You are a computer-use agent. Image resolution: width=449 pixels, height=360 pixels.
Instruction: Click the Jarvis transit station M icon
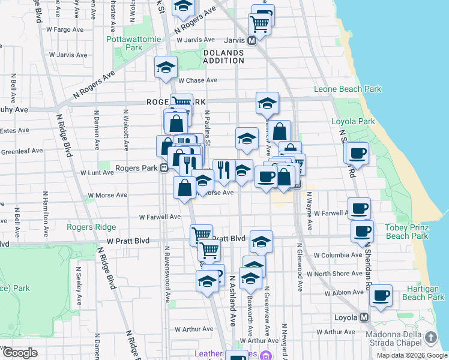pyautogui.click(x=252, y=40)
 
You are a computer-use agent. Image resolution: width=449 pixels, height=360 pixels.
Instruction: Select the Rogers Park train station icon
pyautogui.click(x=163, y=169)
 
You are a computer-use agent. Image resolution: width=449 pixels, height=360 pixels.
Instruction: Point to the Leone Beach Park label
pyautogui.click(x=348, y=89)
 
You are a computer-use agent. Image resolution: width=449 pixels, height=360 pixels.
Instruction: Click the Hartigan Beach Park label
pyautogui.click(x=423, y=293)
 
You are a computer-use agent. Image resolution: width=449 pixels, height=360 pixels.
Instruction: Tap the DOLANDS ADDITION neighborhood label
pyautogui.click(x=223, y=56)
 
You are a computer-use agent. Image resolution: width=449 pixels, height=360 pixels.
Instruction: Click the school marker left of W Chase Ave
pyautogui.click(x=165, y=68)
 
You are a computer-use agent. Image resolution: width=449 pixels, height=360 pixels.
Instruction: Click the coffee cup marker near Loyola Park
pyautogui.click(x=357, y=153)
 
